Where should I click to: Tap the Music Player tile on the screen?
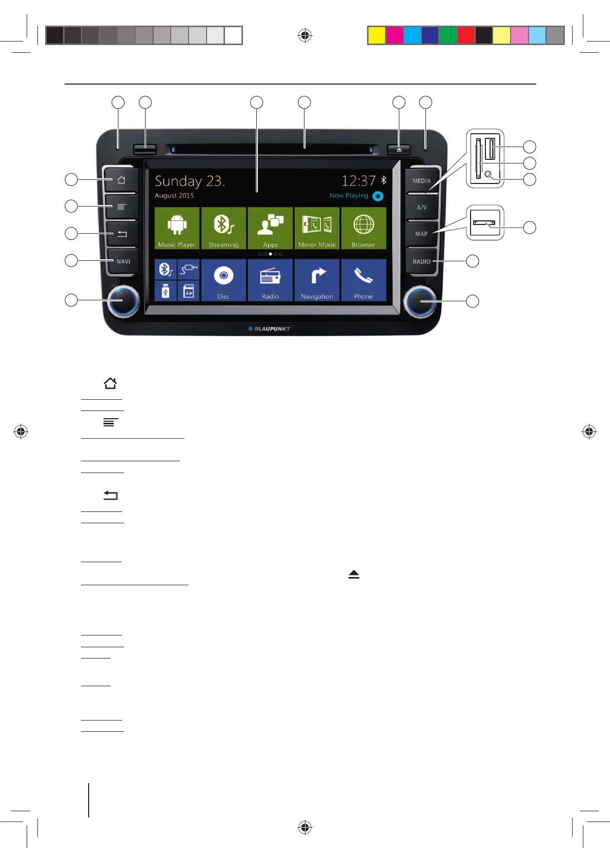[x=177, y=228]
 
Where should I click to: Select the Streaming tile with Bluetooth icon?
[x=223, y=228]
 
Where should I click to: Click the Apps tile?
[x=270, y=228]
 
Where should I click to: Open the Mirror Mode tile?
[x=317, y=228]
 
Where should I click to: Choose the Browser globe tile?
[x=363, y=228]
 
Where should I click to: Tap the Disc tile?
[x=223, y=280]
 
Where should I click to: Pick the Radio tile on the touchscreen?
[x=270, y=280]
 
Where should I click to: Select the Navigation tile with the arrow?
[x=317, y=280]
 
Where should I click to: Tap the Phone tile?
[x=363, y=280]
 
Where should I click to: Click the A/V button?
[x=422, y=208]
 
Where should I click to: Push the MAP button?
[x=421, y=234]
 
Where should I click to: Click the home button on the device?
[x=121, y=180]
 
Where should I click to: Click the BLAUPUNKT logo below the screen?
[x=270, y=329]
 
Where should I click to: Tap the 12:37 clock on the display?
[x=358, y=181]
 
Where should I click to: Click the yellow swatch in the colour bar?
[x=377, y=35]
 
